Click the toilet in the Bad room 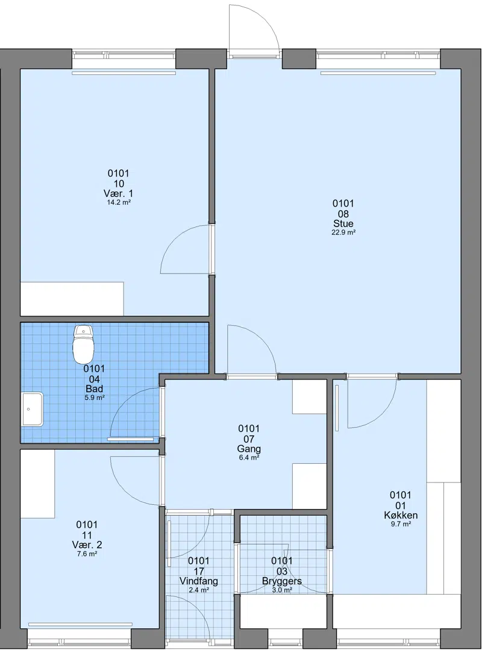[84, 344]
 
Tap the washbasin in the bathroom [33, 409]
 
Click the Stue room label [343, 224]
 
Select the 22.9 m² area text [343, 233]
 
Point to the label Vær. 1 [119, 193]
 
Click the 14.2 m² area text [119, 202]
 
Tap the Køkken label [400, 515]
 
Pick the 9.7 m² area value [400, 524]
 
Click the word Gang [249, 449]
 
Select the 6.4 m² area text [249, 458]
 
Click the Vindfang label [198, 581]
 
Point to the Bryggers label [282, 581]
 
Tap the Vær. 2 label [87, 545]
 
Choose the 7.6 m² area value [87, 554]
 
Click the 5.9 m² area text [94, 398]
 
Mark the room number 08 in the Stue [343, 214]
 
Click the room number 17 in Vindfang [198, 571]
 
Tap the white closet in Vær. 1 [72, 299]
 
